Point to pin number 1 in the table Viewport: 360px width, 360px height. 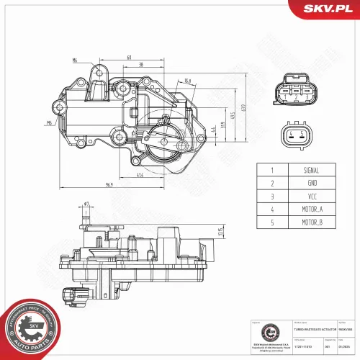tap(272, 171)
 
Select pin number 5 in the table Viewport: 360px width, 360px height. tap(272, 222)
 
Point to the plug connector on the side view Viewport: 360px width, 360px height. tap(71, 294)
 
